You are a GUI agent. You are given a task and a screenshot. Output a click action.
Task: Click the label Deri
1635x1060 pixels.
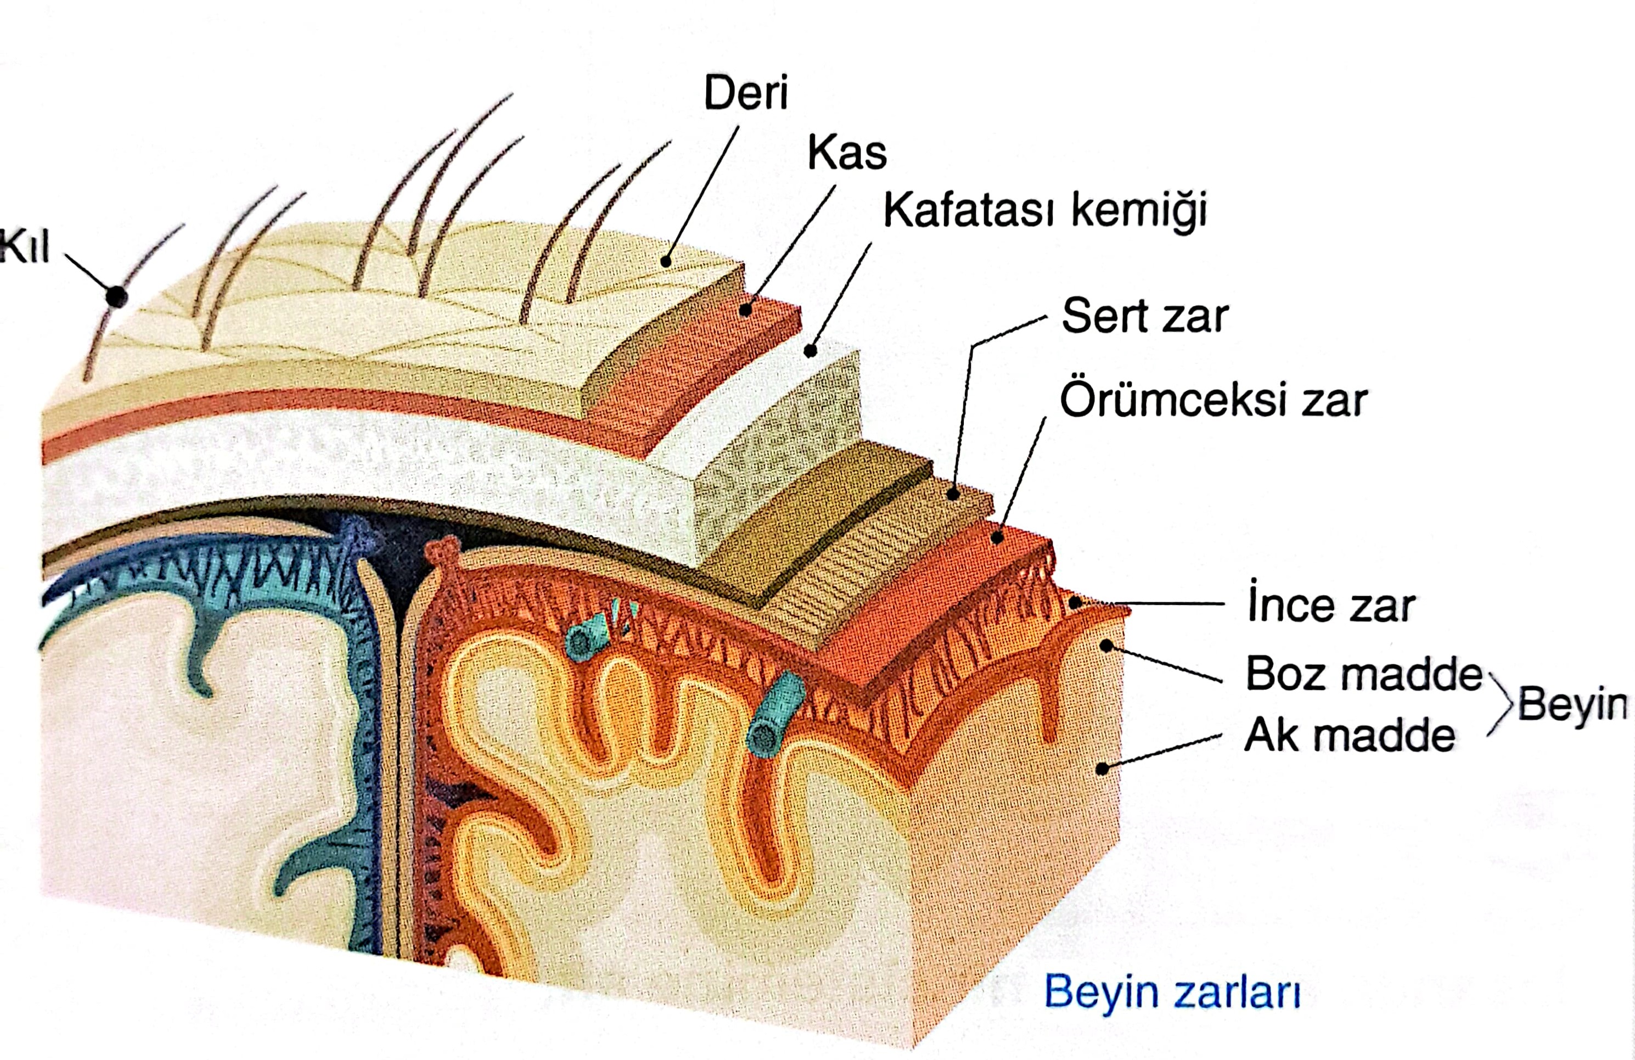(746, 94)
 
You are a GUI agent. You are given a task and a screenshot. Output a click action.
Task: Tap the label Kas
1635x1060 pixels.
(846, 153)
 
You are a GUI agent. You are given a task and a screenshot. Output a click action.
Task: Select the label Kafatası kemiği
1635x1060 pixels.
(1045, 210)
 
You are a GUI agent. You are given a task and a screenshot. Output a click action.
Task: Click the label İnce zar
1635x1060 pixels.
(1331, 605)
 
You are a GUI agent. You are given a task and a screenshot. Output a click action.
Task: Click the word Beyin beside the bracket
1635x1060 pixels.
(1572, 704)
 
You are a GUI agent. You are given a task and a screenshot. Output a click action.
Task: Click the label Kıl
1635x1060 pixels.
(25, 246)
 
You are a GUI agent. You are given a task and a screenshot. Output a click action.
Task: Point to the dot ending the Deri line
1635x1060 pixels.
(666, 261)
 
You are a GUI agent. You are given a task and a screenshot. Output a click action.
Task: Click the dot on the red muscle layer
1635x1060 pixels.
(745, 311)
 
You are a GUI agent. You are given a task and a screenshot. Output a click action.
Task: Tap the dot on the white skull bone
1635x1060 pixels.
(811, 351)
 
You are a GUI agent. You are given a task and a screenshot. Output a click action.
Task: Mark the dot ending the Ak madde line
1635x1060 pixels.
(1102, 769)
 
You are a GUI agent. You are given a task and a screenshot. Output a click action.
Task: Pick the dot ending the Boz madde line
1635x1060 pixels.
(1106, 645)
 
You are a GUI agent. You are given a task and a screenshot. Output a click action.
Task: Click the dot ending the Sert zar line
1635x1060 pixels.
(953, 494)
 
